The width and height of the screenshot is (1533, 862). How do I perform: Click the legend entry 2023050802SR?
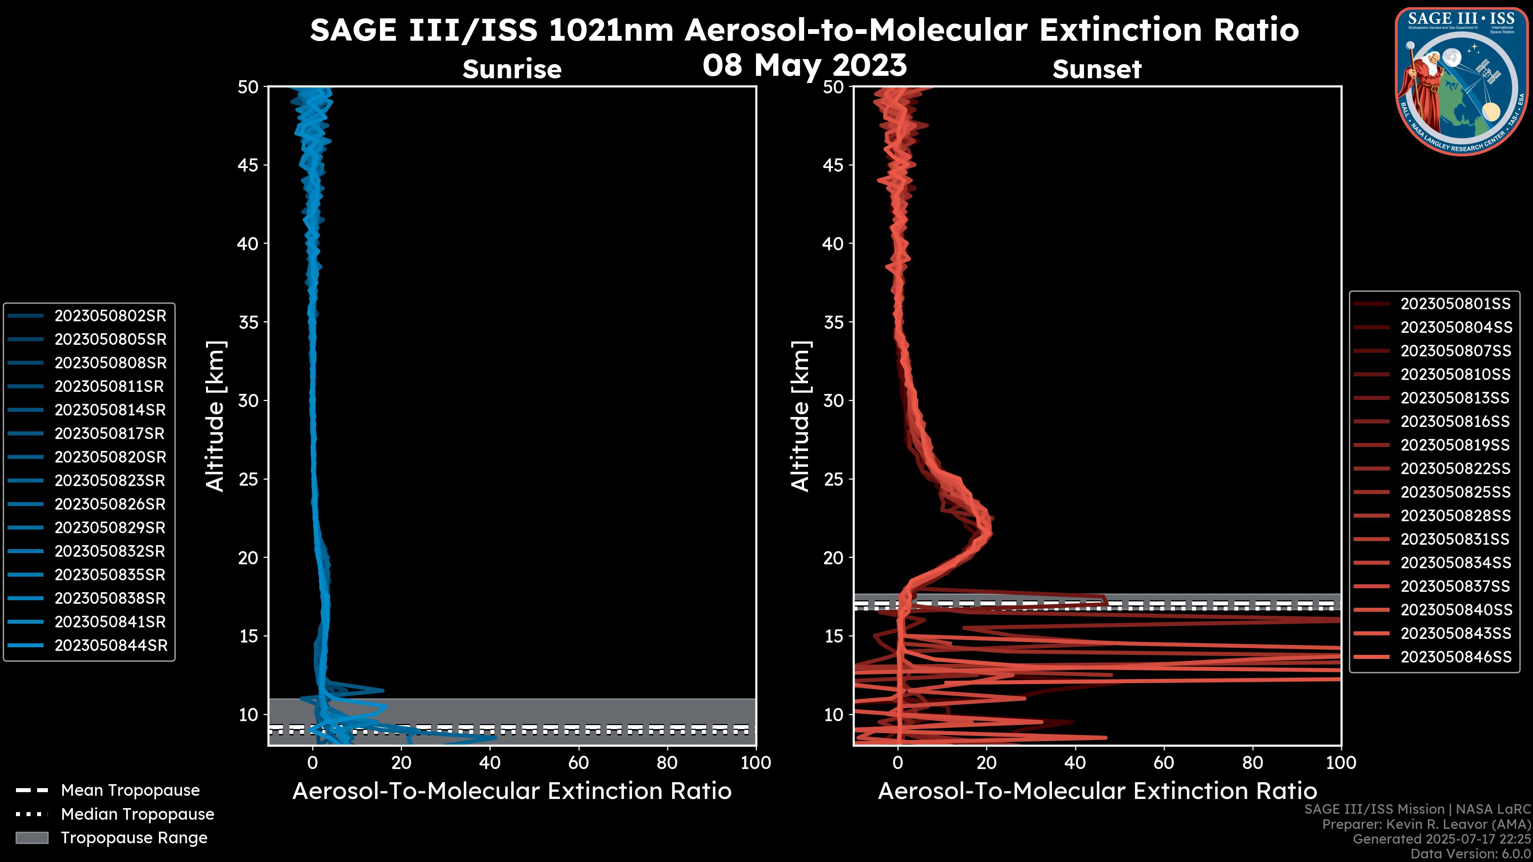110,316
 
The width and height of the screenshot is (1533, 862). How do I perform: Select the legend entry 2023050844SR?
111,645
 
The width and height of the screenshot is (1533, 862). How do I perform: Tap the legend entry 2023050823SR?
110,480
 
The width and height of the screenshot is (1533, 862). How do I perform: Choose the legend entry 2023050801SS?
1455,304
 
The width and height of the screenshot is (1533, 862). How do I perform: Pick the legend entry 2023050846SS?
1456,657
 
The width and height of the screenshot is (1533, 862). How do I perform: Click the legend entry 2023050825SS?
1455,492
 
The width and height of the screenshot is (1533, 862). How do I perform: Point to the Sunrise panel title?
512,69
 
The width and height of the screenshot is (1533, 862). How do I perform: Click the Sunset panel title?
1097,69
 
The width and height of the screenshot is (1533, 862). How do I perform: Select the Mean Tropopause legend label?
130,791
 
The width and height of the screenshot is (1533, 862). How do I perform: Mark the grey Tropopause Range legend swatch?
32,838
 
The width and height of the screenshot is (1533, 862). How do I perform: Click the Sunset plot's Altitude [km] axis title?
800,416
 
